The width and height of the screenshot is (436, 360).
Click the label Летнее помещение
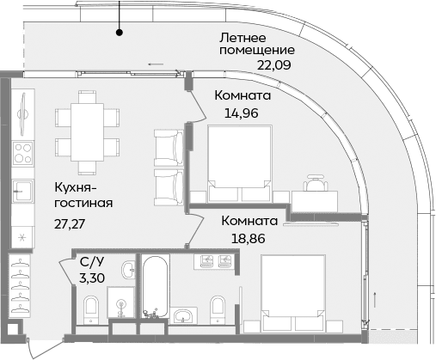click(x=254, y=46)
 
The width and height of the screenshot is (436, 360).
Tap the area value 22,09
click(x=275, y=63)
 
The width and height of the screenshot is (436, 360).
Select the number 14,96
click(x=241, y=112)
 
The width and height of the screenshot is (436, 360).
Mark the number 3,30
click(x=94, y=278)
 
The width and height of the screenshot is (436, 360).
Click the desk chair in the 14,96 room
click(x=316, y=184)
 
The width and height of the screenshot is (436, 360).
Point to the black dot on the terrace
click(x=120, y=34)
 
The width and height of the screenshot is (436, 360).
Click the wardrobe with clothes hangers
click(x=22, y=284)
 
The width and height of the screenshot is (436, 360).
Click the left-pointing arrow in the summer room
click(x=155, y=64)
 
